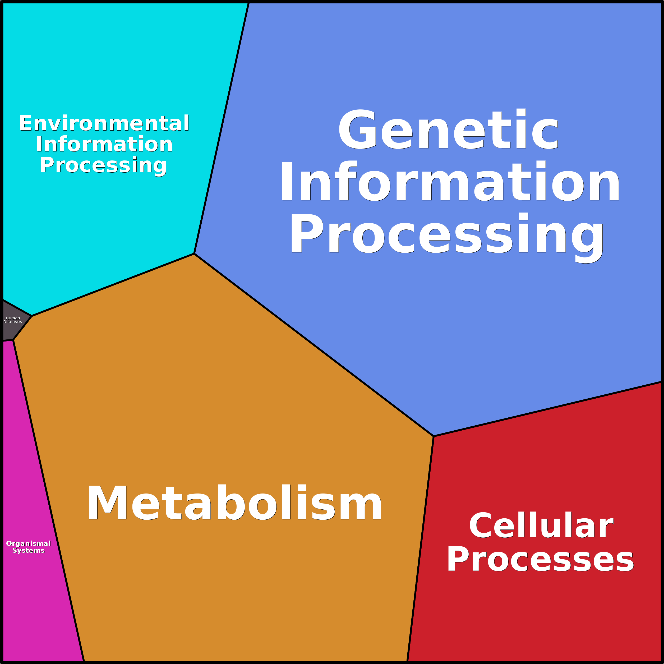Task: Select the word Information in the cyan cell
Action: click(x=104, y=144)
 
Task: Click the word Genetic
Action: click(x=449, y=129)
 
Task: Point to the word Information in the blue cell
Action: click(x=450, y=181)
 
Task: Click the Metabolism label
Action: click(x=234, y=502)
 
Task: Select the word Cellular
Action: click(x=541, y=525)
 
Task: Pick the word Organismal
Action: click(x=29, y=544)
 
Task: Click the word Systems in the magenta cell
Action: click(x=29, y=551)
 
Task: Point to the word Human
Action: click(x=13, y=318)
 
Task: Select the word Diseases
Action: click(x=13, y=322)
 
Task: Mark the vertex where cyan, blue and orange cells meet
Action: click(x=194, y=254)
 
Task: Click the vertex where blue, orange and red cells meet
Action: click(x=434, y=436)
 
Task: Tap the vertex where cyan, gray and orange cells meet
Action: click(x=32, y=316)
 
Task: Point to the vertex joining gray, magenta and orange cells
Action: click(x=13, y=340)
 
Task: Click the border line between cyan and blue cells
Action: click(x=221, y=128)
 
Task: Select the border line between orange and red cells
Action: click(x=420, y=548)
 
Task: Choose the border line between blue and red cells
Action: click(x=547, y=409)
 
